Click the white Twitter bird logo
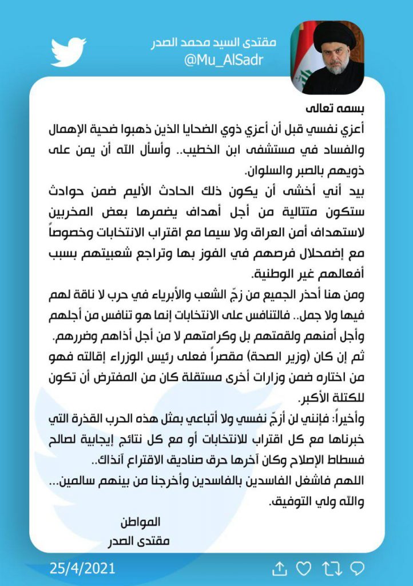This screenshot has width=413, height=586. (68, 52)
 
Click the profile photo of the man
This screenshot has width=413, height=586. (327, 57)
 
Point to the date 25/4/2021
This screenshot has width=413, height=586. (82, 568)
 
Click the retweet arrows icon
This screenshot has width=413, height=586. (331, 568)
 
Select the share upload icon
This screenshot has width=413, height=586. (279, 568)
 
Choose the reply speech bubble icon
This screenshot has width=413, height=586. (357, 568)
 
